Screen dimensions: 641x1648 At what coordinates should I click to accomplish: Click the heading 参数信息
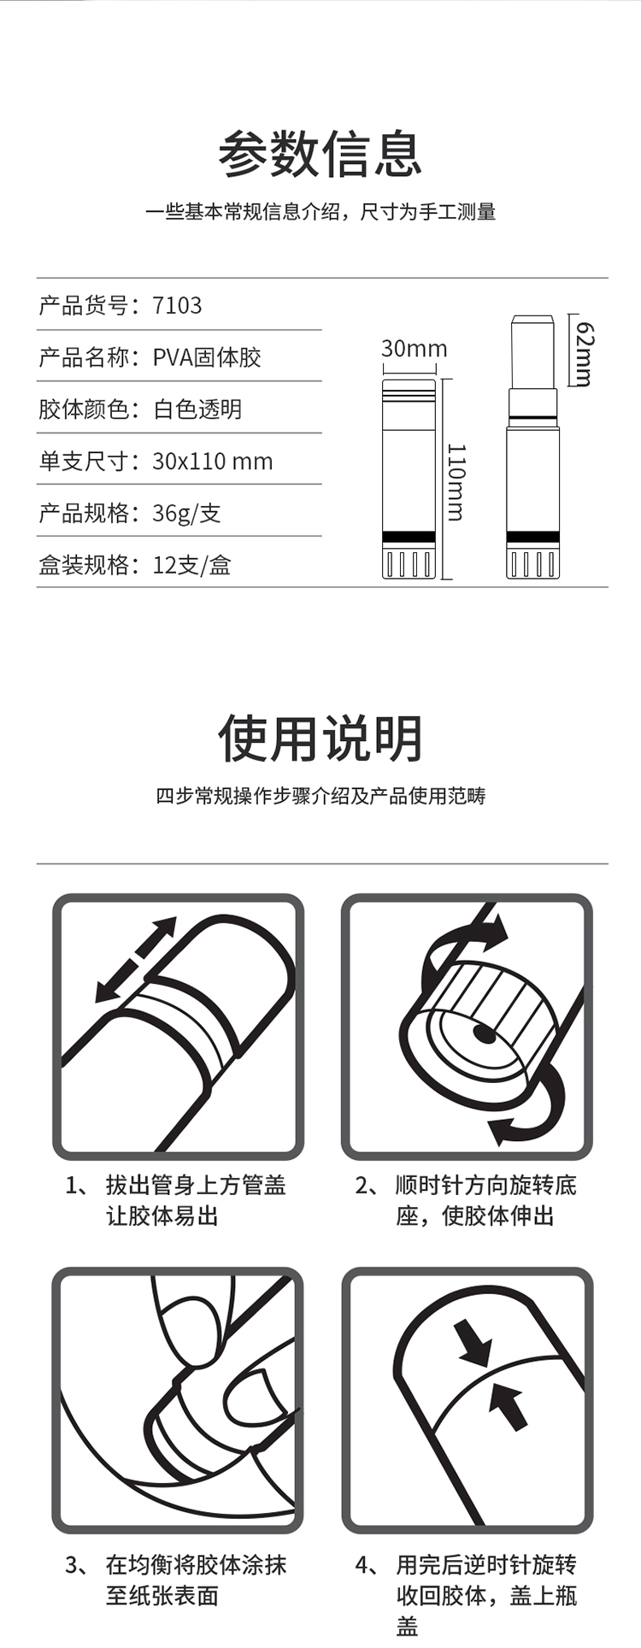(x=320, y=155)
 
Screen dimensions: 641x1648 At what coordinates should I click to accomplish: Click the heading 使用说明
(x=320, y=739)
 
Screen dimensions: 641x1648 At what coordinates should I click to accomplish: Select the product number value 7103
(x=178, y=305)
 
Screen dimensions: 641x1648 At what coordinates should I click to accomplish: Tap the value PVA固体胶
(x=207, y=357)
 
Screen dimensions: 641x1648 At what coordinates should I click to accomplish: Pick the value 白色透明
(x=197, y=409)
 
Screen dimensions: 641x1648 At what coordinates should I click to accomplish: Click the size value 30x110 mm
(x=213, y=462)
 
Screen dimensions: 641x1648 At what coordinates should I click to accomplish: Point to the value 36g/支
(x=187, y=514)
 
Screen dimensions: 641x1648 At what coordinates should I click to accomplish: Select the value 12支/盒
(x=192, y=566)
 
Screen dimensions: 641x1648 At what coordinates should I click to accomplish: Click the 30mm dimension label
(x=415, y=349)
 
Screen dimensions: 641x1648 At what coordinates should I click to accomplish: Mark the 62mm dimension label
(x=585, y=354)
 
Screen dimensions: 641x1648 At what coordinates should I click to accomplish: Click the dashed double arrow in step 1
(x=135, y=960)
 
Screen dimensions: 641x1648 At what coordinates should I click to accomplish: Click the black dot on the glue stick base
(x=485, y=1034)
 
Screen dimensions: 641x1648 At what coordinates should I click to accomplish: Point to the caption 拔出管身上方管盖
(x=196, y=1186)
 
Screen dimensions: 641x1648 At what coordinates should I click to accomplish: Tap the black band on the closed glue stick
(x=409, y=537)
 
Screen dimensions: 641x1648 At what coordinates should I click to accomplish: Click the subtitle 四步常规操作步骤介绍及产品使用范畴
(x=320, y=796)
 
